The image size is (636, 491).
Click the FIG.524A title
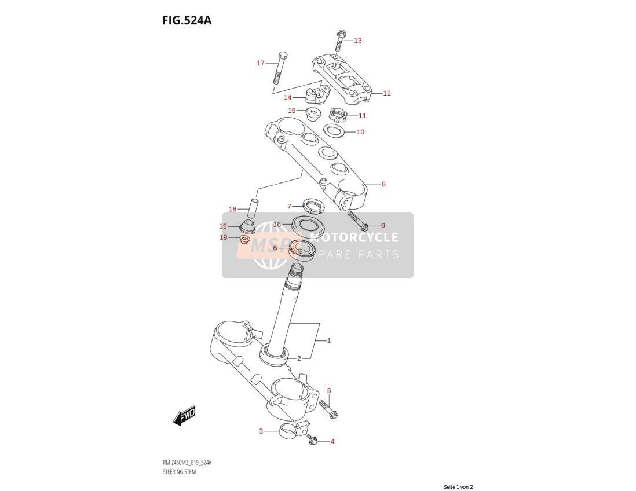[x=187, y=20]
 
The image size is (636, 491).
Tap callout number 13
[x=357, y=40]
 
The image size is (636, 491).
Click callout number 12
[x=386, y=93]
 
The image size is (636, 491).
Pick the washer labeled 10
[x=334, y=130]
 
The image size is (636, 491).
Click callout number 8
[x=383, y=184]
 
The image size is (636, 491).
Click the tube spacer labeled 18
[x=253, y=209]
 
